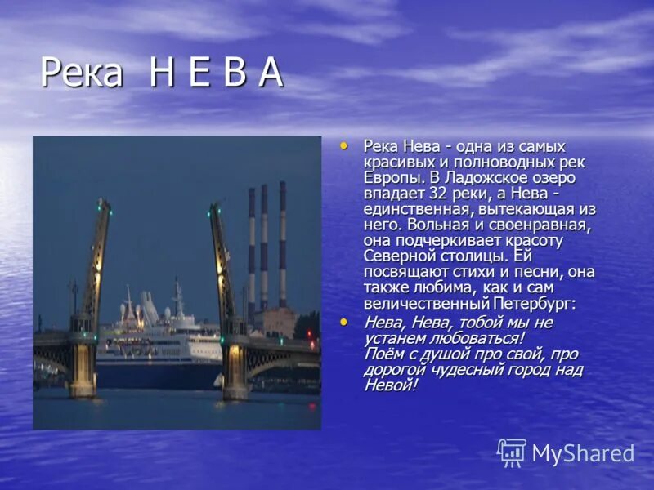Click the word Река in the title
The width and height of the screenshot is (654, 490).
click(81, 74)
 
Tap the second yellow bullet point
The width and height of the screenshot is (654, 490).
click(344, 323)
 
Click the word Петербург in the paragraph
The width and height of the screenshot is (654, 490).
click(534, 304)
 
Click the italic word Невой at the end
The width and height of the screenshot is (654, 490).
click(390, 385)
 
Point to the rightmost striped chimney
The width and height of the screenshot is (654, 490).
click(283, 245)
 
